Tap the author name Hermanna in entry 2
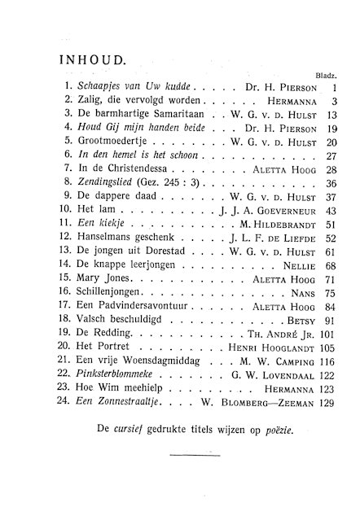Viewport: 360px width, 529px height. [274, 100]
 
